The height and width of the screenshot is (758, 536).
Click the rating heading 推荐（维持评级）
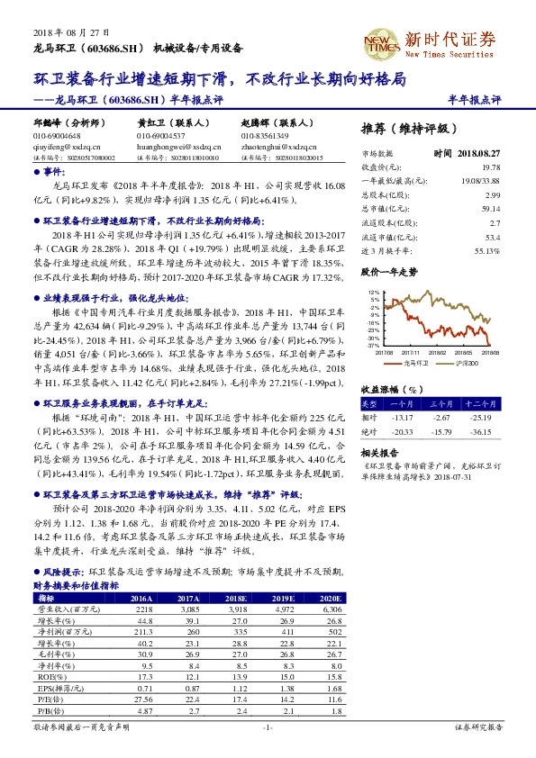409,129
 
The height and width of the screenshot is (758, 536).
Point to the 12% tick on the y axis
373,293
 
